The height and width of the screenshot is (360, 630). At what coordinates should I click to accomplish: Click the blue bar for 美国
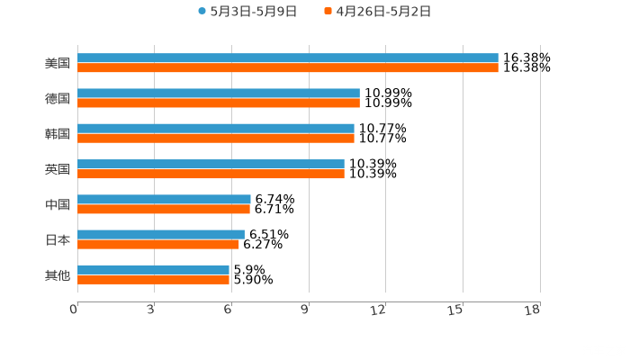pos(288,58)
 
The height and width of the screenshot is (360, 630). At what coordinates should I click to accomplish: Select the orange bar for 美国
pos(288,68)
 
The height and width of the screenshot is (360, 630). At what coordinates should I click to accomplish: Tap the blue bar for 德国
pos(219,94)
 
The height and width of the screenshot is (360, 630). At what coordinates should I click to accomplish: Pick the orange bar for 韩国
pos(216,139)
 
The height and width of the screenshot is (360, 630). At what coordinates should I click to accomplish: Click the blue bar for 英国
pos(211,164)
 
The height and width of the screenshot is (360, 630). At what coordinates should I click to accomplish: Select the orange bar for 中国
pos(164,210)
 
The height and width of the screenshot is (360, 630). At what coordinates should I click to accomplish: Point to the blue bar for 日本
pos(161,234)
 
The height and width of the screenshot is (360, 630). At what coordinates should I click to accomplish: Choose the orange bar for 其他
pos(153,280)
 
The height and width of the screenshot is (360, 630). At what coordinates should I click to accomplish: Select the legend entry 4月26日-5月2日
pos(382,12)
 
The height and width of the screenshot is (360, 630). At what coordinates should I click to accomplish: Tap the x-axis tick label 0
pos(75,310)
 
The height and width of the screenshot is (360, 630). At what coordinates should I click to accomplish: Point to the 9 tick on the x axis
pos(306,310)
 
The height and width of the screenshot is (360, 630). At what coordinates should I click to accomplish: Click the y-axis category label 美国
pos(58,64)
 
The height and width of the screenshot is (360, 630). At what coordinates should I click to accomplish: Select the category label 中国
pos(58,205)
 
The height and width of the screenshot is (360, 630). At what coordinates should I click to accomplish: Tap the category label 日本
pos(58,240)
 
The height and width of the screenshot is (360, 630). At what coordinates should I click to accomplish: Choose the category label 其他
pos(58,275)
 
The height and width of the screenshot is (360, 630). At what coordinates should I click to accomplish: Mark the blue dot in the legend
pos(202,12)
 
